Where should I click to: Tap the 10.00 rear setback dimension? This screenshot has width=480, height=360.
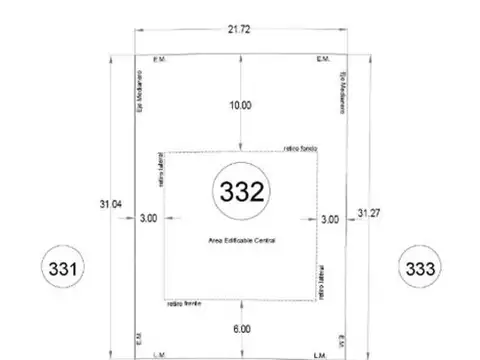(x=241, y=104)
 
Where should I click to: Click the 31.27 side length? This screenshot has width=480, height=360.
(x=369, y=212)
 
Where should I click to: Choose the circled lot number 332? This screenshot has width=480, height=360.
(x=241, y=192)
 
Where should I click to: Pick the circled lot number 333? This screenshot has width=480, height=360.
(x=418, y=268)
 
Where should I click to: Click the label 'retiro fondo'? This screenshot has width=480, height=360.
(x=299, y=147)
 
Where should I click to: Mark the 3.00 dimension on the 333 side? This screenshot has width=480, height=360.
(x=330, y=218)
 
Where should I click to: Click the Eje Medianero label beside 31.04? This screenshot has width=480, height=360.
(x=140, y=91)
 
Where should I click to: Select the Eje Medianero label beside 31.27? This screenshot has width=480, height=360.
(x=341, y=91)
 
